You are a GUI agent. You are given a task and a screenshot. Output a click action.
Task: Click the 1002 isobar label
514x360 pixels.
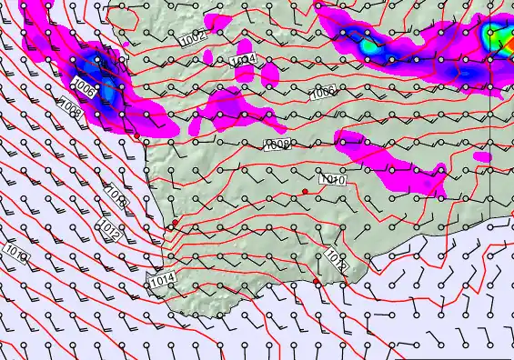[192, 40]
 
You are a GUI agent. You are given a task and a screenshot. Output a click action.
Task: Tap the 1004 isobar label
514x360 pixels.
[243, 60]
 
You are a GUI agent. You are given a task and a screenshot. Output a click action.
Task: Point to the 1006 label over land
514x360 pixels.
[322, 93]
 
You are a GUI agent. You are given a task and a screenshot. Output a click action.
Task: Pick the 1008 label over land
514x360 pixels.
[277, 145]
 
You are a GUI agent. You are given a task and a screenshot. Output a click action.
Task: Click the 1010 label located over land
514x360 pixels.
[332, 180]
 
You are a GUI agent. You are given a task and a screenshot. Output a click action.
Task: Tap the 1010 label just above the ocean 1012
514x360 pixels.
[116, 194]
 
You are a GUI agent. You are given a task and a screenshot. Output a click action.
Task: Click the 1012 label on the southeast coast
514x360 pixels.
[335, 261]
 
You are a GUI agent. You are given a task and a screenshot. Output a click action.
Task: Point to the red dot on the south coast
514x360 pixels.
[317, 282]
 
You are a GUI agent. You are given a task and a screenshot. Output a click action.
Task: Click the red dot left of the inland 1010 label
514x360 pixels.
[305, 191]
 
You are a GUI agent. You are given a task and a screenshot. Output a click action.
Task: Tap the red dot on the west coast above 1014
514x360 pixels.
[175, 223]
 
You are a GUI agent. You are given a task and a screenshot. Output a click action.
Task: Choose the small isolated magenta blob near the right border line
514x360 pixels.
[481, 156]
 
